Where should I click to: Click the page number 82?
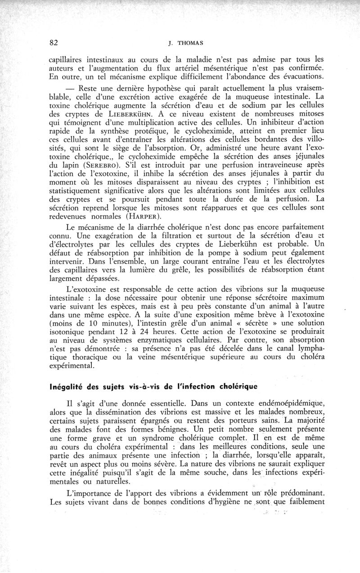point(54,43)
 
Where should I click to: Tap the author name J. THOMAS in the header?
point(180,44)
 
